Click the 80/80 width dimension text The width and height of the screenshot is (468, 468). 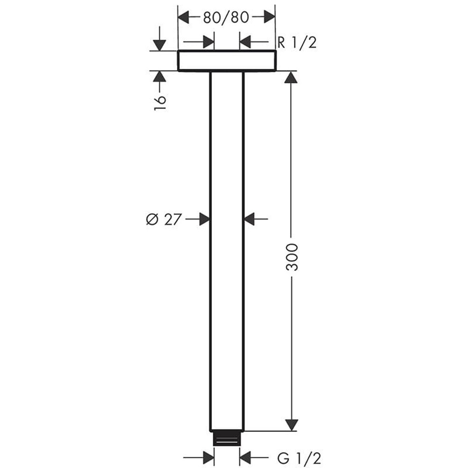coord(226,18)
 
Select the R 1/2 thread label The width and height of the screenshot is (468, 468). coord(297,43)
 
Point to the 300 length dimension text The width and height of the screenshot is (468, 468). coord(292,257)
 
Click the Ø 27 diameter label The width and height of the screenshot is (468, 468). coord(162,219)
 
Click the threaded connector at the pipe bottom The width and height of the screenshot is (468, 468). coord(227,439)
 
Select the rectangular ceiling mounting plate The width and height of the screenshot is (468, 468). coord(227,61)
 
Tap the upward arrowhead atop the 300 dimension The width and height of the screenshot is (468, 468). coord(291,77)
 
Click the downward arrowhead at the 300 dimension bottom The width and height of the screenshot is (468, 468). coord(291,424)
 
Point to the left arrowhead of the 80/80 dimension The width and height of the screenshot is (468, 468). coord(184,18)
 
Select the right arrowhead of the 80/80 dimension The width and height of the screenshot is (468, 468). coord(269,18)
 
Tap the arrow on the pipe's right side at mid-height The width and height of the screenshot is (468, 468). coord(250,219)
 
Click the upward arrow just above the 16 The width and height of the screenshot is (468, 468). coord(160,77)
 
